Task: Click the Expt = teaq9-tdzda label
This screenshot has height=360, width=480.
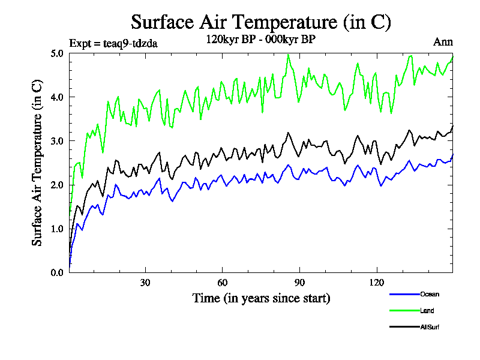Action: click(113, 43)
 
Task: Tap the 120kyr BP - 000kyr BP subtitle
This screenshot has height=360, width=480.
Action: click(261, 39)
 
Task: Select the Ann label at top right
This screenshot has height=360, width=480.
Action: click(443, 42)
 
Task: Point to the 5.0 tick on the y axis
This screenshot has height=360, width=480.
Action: click(57, 53)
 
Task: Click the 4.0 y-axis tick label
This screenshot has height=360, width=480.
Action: click(57, 97)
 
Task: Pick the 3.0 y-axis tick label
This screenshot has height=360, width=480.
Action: click(57, 141)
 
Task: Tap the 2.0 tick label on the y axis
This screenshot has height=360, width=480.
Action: click(57, 185)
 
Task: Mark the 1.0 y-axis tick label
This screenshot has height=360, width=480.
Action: click(57, 229)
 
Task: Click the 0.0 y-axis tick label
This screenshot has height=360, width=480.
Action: click(57, 272)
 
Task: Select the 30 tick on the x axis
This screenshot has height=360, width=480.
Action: click(145, 283)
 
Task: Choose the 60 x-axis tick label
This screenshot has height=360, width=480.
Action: click(222, 283)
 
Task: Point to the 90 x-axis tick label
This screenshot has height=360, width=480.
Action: click(299, 283)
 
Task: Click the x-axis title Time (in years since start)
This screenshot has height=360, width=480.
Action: click(261, 298)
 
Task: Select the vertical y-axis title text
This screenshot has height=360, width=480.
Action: click(37, 162)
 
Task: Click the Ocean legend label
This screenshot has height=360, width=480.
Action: click(430, 295)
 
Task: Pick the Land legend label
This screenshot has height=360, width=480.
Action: click(427, 311)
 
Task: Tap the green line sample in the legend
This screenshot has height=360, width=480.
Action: click(403, 311)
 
